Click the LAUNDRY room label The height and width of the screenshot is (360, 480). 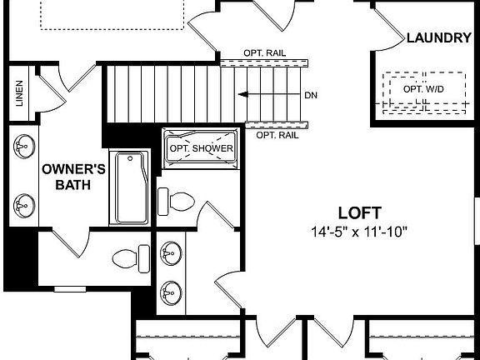[439, 37]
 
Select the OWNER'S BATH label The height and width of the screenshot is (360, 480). [73, 176]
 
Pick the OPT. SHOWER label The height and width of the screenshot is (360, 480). [200, 148]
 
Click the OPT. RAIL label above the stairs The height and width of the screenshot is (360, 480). [265, 52]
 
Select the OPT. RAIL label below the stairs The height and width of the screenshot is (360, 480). [277, 134]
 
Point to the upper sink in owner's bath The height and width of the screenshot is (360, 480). [22, 147]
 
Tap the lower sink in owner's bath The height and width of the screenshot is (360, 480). [22, 202]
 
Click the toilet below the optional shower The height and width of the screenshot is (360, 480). [177, 201]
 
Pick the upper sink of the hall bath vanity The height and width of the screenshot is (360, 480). [171, 252]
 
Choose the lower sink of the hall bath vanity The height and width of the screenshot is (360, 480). [171, 290]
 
